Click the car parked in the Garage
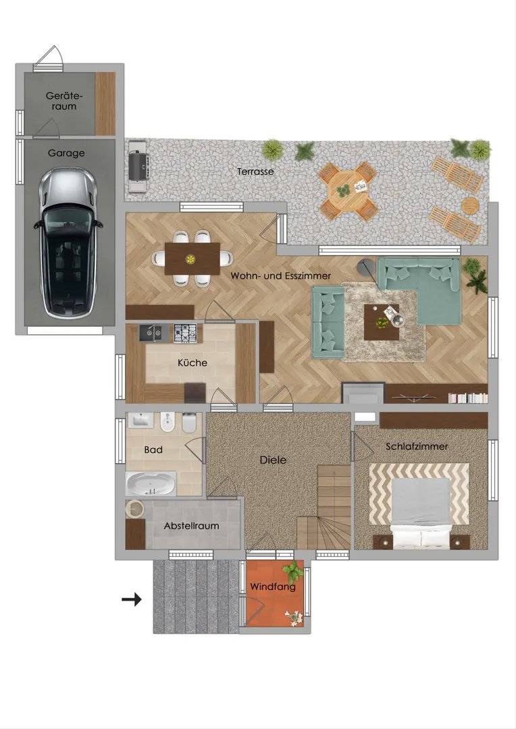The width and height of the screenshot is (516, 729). click(68, 243)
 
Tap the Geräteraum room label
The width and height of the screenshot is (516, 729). click(64, 101)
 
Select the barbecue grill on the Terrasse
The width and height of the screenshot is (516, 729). click(138, 166)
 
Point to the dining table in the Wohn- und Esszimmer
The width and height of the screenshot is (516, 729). click(192, 259)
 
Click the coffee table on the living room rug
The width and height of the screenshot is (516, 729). click(382, 322)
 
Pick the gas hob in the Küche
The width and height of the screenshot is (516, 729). click(188, 333)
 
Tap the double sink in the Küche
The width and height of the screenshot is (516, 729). click(151, 333)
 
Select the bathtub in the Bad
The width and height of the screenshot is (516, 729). click(151, 484)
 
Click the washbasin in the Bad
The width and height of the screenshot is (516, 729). click(140, 421)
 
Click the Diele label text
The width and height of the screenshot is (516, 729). click(273, 460)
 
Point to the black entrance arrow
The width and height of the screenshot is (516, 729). click(132, 600)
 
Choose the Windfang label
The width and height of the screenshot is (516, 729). click(273, 587)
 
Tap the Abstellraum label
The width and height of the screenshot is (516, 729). click(191, 526)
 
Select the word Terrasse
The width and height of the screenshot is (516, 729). click(255, 171)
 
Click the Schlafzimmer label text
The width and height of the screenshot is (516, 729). click(417, 446)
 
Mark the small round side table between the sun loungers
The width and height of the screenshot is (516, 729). click(470, 205)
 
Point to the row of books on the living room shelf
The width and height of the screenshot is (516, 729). click(467, 398)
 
